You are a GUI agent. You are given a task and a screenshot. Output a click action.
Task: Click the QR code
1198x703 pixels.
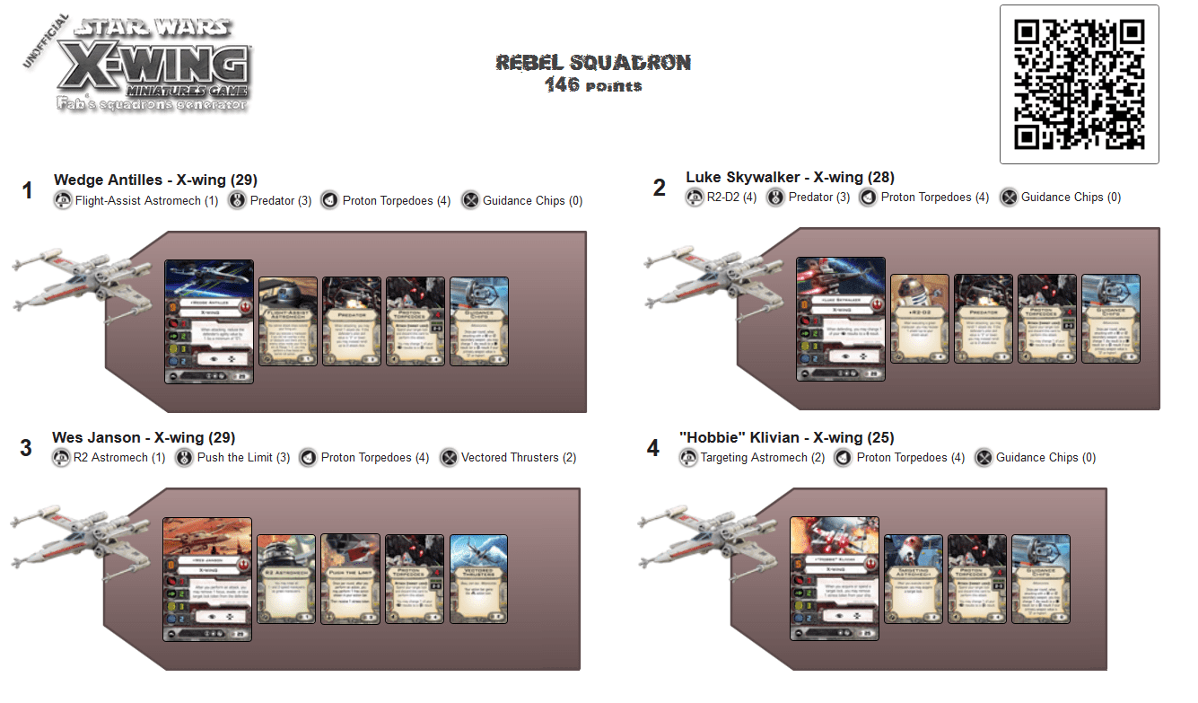point(1079,84)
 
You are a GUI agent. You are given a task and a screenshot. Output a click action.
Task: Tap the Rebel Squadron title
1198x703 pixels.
point(593,62)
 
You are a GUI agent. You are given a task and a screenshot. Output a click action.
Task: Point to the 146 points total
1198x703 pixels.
point(593,85)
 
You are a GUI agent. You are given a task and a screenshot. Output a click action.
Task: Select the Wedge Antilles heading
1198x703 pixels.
point(155,180)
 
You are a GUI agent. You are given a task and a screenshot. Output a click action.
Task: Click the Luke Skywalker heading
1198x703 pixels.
point(790,177)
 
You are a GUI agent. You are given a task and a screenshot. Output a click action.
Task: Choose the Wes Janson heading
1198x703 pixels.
point(144,437)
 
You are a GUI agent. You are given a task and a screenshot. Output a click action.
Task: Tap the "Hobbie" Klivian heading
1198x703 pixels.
point(787,437)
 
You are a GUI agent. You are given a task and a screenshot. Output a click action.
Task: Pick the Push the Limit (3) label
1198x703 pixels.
point(243,458)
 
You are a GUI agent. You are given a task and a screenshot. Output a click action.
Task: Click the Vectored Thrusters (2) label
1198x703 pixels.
point(518,458)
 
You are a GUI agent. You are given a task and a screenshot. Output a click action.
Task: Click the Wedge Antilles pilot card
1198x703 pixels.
point(209,321)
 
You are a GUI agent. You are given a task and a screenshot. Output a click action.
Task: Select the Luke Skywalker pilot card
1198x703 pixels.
point(841,319)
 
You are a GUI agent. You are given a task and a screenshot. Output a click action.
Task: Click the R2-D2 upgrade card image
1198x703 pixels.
point(920,319)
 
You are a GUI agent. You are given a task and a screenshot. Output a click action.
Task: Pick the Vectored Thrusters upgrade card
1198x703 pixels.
point(478,579)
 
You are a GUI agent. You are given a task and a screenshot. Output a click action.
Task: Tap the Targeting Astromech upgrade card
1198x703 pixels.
point(914,579)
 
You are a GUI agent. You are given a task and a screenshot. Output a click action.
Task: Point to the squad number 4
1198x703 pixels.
point(653,448)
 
